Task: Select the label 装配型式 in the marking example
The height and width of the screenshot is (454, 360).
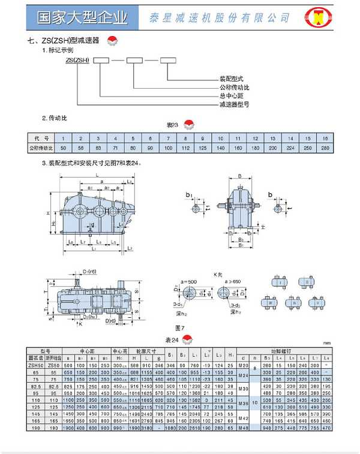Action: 231,79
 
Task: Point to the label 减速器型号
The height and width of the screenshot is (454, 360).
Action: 233,104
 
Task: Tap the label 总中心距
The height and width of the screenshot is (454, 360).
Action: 229,95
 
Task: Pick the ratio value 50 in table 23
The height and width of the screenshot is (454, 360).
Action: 64,147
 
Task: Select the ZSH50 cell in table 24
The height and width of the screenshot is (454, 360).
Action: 35,365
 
